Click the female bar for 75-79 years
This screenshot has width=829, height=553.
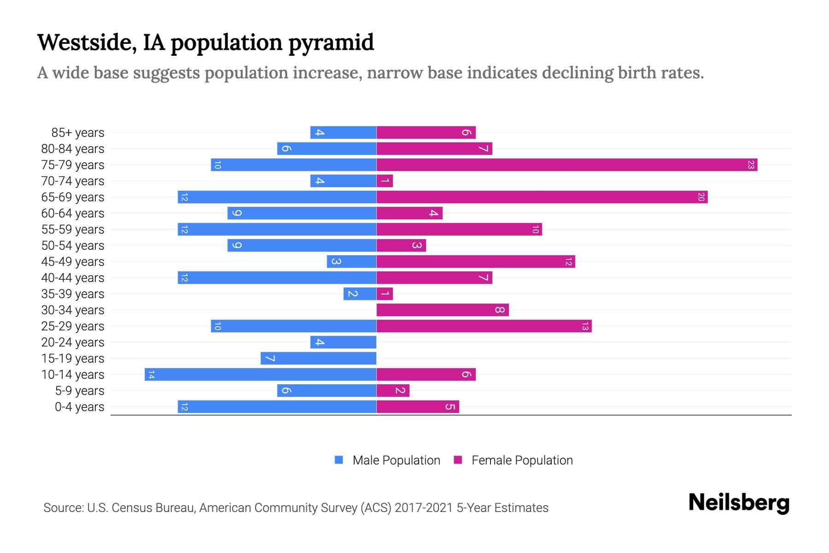pos(566,165)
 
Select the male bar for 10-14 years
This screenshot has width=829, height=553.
pos(260,374)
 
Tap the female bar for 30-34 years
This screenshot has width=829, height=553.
pos(442,310)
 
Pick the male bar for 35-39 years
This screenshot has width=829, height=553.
pos(360,294)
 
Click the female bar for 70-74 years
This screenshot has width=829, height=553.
pos(385,181)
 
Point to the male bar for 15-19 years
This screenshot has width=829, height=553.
pos(318,358)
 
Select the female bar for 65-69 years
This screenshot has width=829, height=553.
pos(542,197)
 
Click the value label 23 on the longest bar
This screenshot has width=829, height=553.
pos(751,165)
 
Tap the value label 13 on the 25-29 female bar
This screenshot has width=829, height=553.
pos(585,326)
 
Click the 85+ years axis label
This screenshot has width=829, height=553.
pos(78,133)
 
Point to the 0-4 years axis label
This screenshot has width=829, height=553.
pos(79,407)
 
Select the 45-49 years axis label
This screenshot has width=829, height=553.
pos(73,262)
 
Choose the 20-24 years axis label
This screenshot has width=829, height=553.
pos(73,342)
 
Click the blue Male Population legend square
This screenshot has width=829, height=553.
pos(339,460)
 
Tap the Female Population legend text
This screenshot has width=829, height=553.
pos(522,460)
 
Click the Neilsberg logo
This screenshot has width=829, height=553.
pos(739,503)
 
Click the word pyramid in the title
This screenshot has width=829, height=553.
pos(331,43)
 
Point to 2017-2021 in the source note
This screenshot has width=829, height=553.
pos(424,508)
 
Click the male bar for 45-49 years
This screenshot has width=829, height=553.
pos(351,261)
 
